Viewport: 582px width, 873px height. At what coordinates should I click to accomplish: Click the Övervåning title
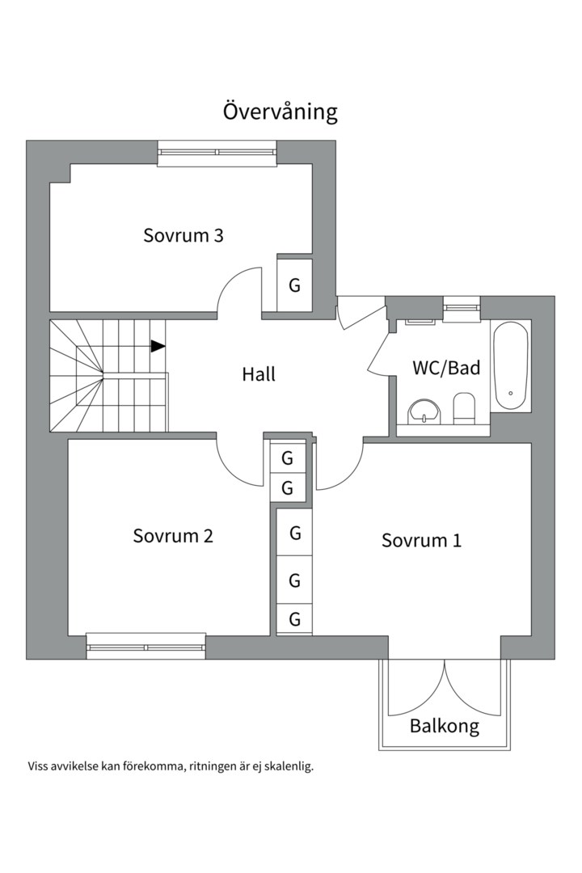click(x=280, y=112)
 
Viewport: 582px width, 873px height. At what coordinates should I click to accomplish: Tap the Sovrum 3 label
click(x=183, y=235)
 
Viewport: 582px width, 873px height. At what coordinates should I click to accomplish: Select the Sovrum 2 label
click(x=173, y=536)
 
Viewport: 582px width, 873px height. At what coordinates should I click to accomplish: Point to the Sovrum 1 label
click(x=422, y=540)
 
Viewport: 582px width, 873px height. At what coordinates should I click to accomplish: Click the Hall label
click(x=259, y=374)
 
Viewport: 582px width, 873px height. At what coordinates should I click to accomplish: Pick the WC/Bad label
click(x=446, y=368)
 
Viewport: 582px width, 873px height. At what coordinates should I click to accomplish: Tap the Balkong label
click(x=445, y=726)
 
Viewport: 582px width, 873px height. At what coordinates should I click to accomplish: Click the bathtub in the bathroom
click(x=511, y=366)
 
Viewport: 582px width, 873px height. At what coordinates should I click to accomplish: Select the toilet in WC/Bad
click(x=464, y=408)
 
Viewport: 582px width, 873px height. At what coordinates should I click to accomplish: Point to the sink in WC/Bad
click(x=424, y=411)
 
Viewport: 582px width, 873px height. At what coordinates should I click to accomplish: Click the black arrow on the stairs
click(x=158, y=346)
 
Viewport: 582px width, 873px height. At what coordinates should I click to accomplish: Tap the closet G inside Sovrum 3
click(x=294, y=285)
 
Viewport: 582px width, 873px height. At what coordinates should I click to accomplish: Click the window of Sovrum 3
click(x=217, y=153)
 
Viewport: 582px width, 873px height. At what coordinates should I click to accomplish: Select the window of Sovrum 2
click(x=146, y=647)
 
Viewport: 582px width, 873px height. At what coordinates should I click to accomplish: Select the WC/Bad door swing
click(x=377, y=352)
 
